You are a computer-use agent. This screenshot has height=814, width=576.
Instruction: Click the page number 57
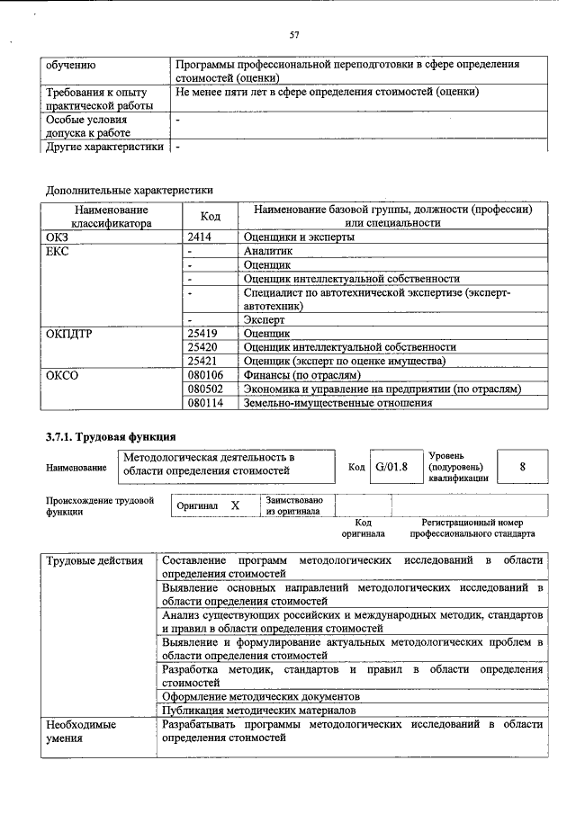tap(293, 35)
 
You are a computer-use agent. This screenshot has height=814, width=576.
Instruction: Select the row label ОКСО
tap(61, 375)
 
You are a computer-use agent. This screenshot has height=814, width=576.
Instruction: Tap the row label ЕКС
tap(57, 251)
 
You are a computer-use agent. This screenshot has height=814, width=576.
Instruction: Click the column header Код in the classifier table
tap(210, 216)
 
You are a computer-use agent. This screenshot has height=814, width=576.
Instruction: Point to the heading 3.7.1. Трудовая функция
tap(111, 438)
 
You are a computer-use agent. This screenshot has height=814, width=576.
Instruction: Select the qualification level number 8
tap(522, 466)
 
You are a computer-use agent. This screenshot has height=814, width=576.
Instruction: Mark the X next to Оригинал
tap(235, 505)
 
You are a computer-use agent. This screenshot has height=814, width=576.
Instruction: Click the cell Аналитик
tap(268, 251)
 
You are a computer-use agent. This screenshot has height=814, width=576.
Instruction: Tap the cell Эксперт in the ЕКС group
tap(264, 319)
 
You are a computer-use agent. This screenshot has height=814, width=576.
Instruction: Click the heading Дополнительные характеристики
tap(129, 190)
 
